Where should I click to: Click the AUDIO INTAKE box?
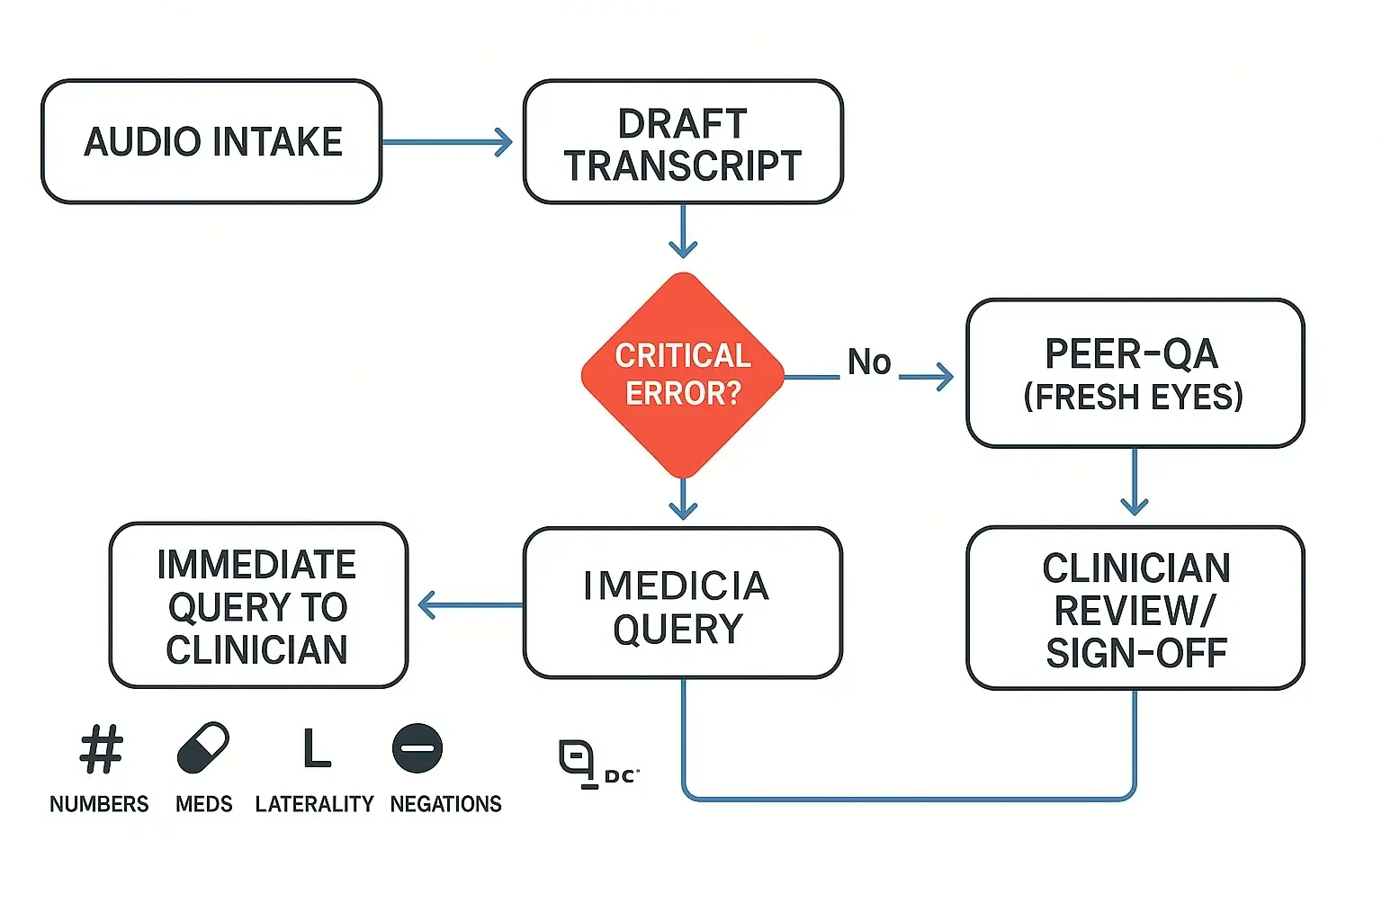click(x=211, y=141)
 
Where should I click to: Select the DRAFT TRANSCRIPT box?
click(x=683, y=142)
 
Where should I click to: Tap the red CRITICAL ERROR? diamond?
click(x=683, y=375)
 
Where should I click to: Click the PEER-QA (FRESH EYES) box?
click(x=1135, y=373)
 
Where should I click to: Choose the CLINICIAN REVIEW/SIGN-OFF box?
click(x=1135, y=609)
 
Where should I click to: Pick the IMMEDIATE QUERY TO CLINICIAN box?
click(x=258, y=606)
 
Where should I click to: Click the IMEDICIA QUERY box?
click(x=683, y=604)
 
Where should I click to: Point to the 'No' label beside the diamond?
click(x=869, y=362)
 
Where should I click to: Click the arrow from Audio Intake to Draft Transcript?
click(x=447, y=142)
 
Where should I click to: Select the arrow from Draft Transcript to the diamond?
click(x=683, y=231)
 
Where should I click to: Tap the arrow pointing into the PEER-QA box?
click(x=927, y=377)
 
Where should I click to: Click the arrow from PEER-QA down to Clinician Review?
click(x=1135, y=484)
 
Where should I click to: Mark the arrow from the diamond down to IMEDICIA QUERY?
click(x=683, y=500)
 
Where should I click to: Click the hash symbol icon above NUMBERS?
click(x=101, y=749)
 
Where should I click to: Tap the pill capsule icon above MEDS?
click(x=203, y=747)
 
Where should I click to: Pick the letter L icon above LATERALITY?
click(x=316, y=748)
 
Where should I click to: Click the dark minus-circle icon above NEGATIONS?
click(x=417, y=747)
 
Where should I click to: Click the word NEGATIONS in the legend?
click(x=445, y=804)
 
